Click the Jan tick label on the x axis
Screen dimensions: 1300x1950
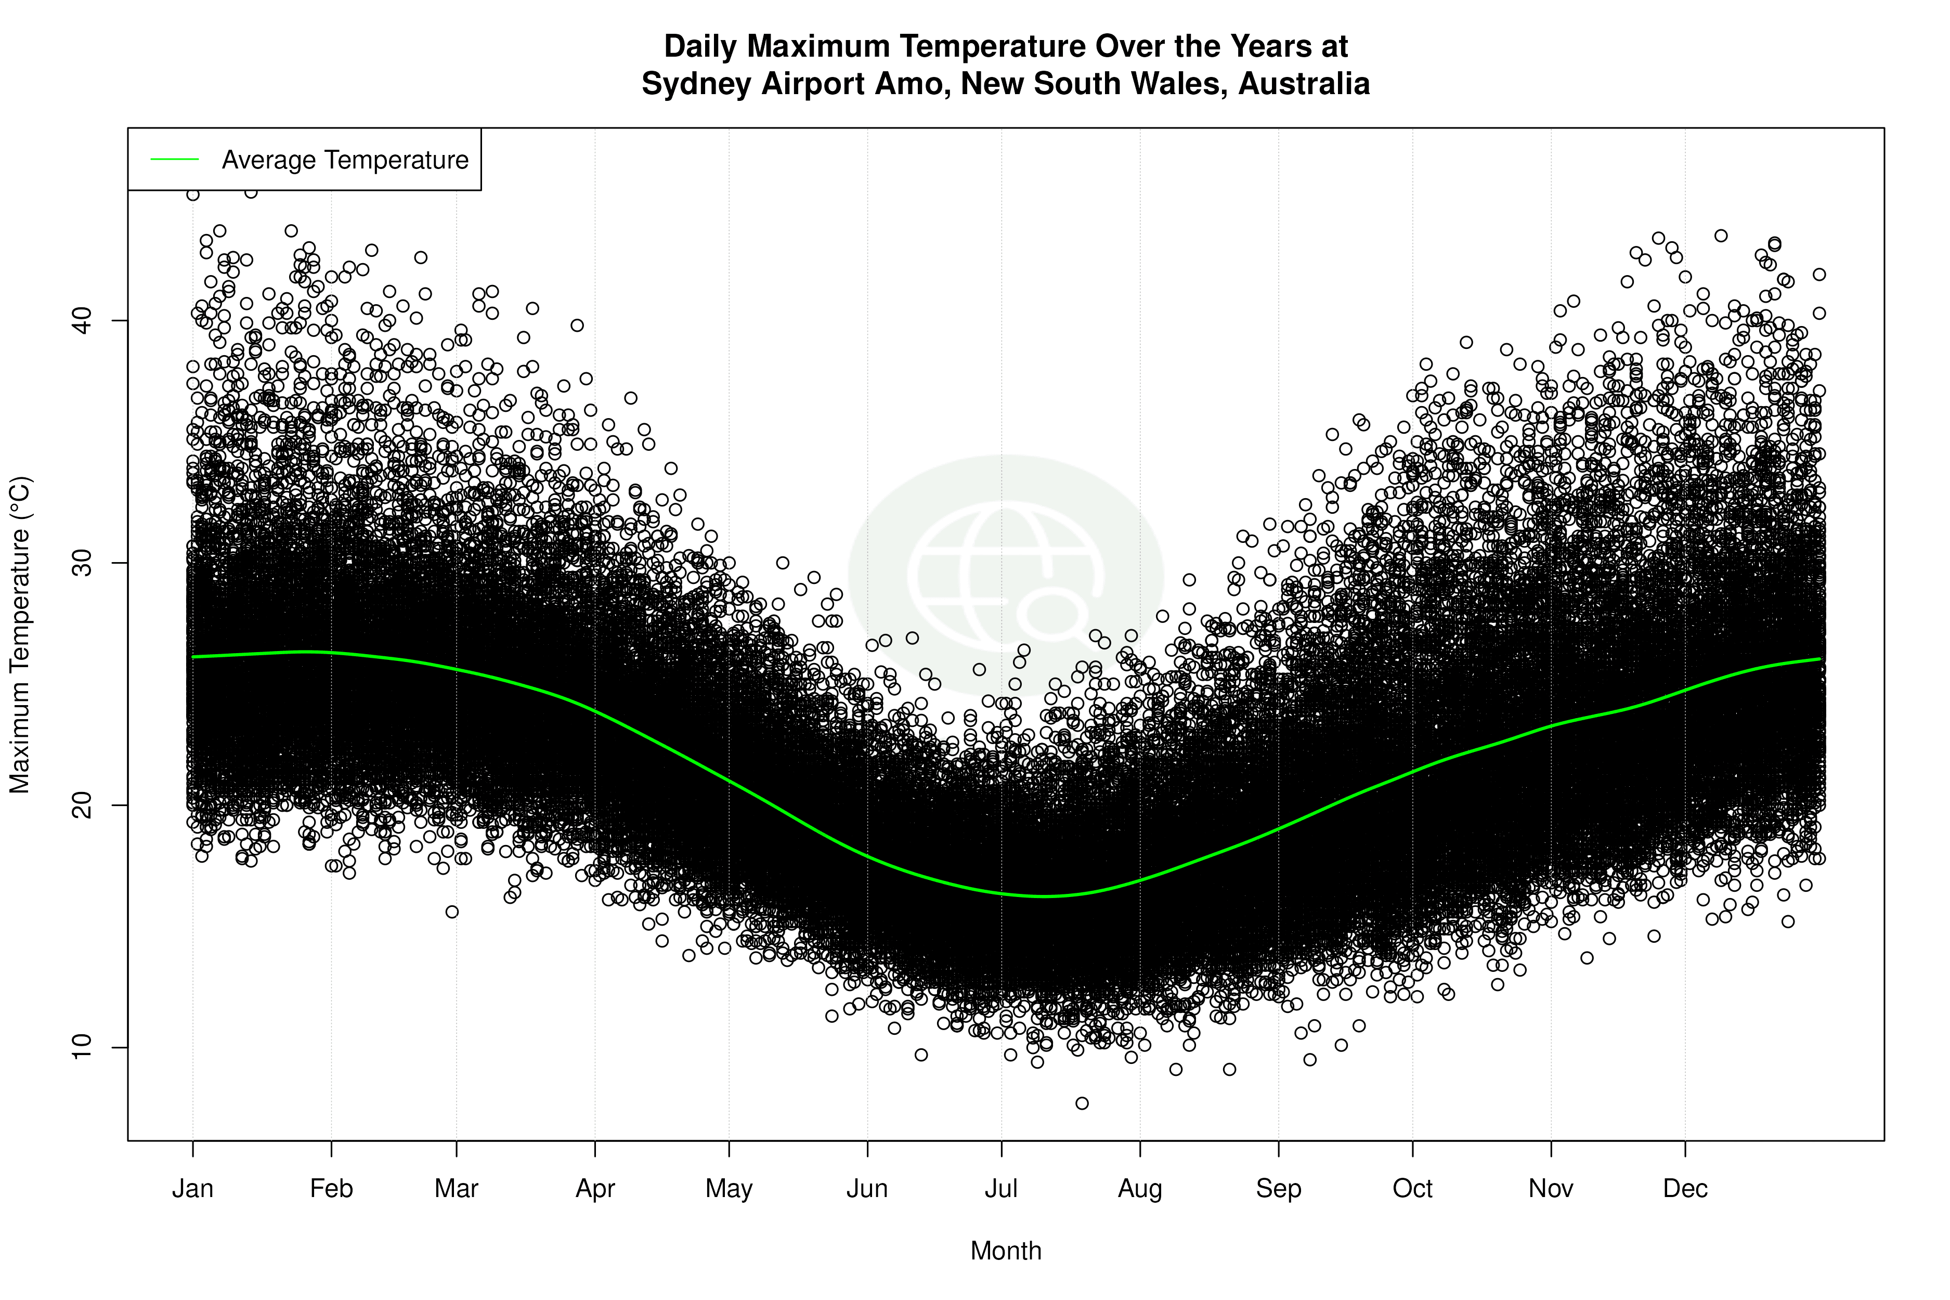tap(192, 1189)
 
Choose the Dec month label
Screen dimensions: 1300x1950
tap(1685, 1189)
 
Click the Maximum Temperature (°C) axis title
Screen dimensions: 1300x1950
tap(20, 634)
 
